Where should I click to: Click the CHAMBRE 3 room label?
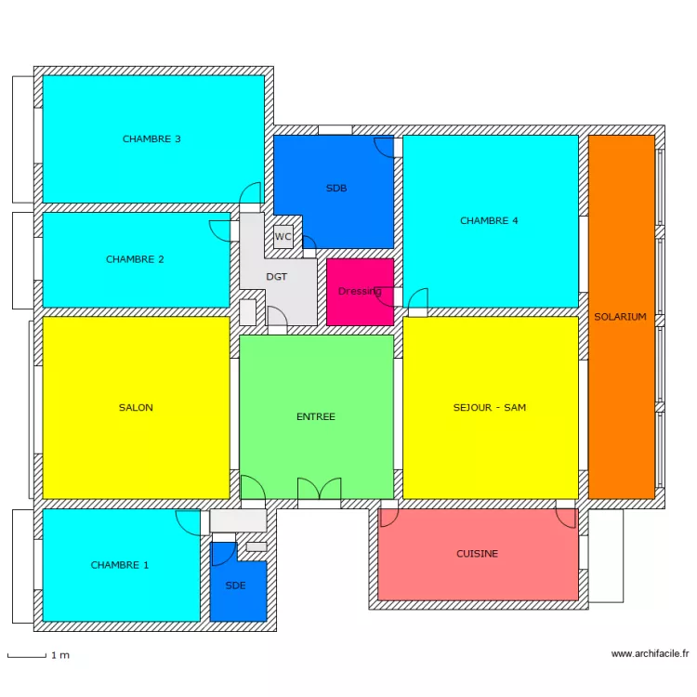[x=151, y=139]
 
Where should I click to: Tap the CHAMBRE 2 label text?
[x=135, y=259]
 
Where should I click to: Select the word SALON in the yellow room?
[x=136, y=408]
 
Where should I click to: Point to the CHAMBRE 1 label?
[x=119, y=565]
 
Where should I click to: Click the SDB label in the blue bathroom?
[x=336, y=189]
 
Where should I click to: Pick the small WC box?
[x=283, y=237]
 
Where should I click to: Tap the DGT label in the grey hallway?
[x=277, y=277]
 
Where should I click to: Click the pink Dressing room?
[x=360, y=291]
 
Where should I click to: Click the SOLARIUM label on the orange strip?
[x=620, y=317]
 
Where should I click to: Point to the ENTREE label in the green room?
[x=316, y=417]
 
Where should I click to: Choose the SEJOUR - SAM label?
[x=490, y=408]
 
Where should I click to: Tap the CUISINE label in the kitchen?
[x=477, y=554]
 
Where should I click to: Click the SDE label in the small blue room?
[x=236, y=585]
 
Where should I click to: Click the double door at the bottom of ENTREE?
[x=319, y=489]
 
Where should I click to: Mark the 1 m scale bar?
[x=28, y=655]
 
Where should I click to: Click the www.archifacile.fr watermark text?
[x=650, y=654]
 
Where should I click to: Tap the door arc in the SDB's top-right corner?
[x=384, y=147]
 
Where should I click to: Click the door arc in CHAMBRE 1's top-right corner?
[x=189, y=521]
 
